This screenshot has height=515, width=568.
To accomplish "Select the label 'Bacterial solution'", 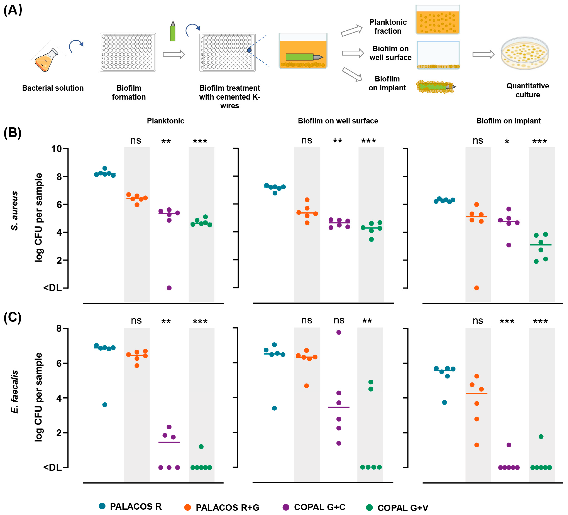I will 53,88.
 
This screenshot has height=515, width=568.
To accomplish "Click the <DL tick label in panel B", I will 52,288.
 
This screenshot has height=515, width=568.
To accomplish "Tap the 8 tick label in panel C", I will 59,328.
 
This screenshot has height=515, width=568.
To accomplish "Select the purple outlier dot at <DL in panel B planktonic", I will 169,288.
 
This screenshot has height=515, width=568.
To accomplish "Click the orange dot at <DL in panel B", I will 476,288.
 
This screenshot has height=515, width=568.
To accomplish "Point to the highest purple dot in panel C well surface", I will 339,332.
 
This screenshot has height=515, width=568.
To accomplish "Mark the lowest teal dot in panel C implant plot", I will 444,402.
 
